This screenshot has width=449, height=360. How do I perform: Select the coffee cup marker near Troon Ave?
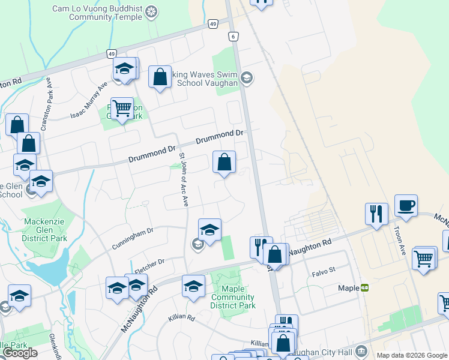point(406,206)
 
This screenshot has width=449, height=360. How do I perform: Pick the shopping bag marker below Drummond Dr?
point(224,162)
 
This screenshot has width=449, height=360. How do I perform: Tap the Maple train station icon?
point(364,288)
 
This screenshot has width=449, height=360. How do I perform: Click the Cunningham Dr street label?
point(133,239)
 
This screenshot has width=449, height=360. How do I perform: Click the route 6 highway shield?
point(232,37)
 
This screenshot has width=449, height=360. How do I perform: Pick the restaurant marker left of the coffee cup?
point(376,213)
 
